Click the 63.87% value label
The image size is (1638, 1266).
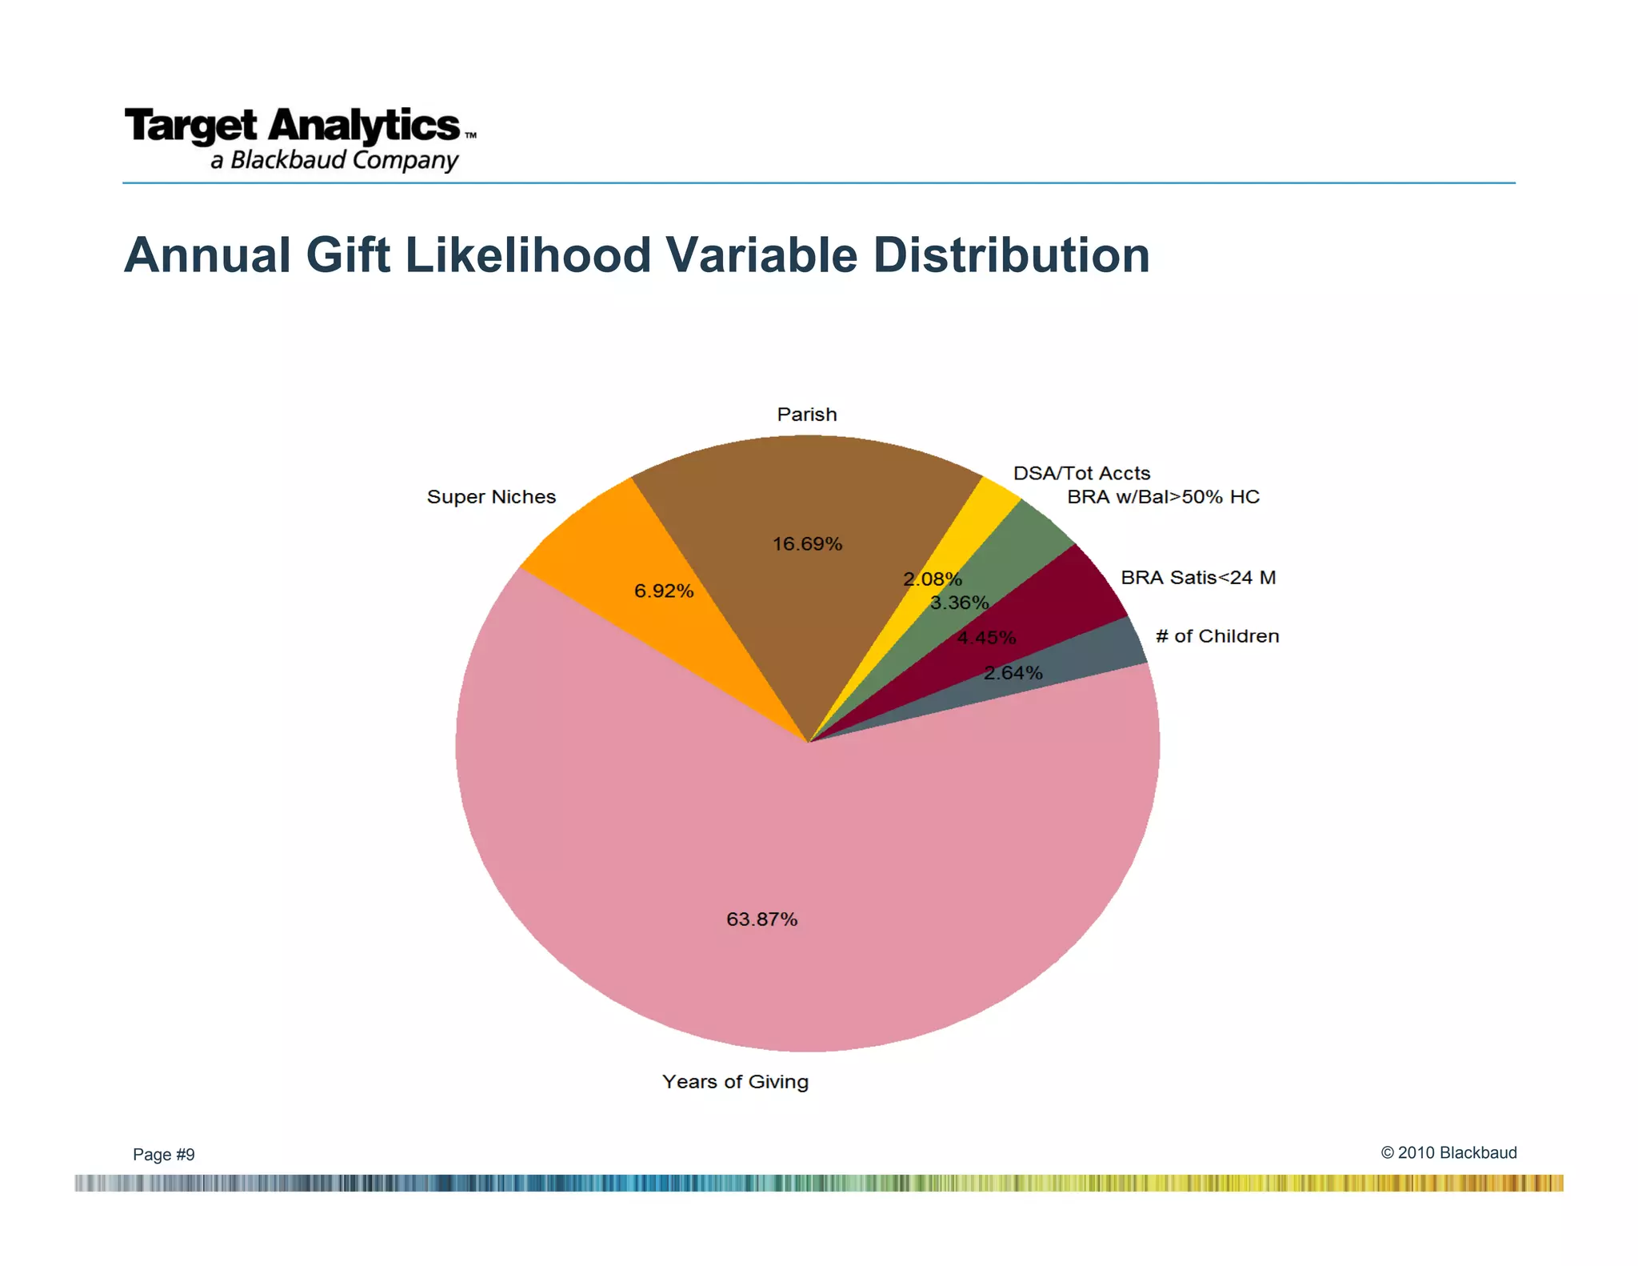(x=761, y=919)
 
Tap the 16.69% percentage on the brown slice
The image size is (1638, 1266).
(x=807, y=544)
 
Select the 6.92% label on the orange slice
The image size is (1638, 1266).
(x=663, y=591)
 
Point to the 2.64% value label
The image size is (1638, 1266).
(x=1013, y=673)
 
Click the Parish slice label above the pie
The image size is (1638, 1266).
(x=807, y=415)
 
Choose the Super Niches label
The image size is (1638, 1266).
(x=491, y=497)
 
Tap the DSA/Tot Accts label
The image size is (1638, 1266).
(x=1081, y=473)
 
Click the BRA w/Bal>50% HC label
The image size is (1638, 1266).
(x=1163, y=497)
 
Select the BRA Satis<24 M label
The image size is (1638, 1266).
(x=1197, y=578)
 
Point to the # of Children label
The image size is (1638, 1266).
(x=1217, y=636)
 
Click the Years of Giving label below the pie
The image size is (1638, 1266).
(x=735, y=1082)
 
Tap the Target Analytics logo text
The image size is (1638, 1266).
(x=292, y=126)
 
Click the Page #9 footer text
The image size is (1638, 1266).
(x=163, y=1154)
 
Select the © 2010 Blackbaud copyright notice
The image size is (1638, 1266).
(x=1448, y=1152)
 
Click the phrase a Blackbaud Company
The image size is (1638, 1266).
(x=334, y=160)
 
